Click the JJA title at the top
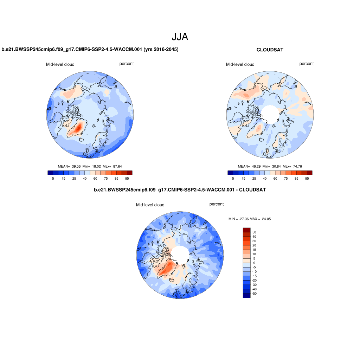pyautogui.click(x=180, y=37)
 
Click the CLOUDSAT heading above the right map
pyautogui.click(x=270, y=50)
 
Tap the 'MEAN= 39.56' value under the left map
pyautogui.click(x=69, y=166)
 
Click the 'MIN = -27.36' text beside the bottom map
pyautogui.click(x=239, y=219)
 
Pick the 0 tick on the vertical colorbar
pyautogui.click(x=254, y=263)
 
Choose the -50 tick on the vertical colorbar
pyautogui.click(x=254, y=293)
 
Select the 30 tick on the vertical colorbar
pyautogui.click(x=254, y=241)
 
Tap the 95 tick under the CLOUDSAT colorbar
pyautogui.click(x=307, y=179)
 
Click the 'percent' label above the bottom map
pyautogui.click(x=216, y=204)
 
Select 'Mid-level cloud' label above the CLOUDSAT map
pyautogui.click(x=240, y=64)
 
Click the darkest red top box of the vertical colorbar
pyautogui.click(x=246, y=230)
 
